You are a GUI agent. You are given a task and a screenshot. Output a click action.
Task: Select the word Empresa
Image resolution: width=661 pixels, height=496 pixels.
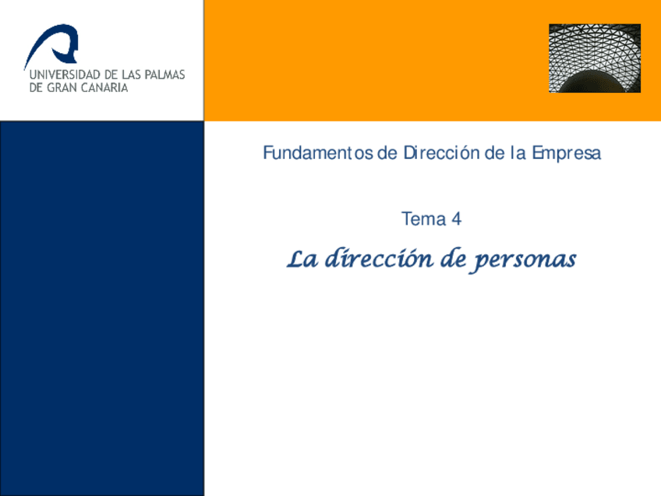566,153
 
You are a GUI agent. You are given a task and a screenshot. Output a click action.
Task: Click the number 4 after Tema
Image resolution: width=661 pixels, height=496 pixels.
456,220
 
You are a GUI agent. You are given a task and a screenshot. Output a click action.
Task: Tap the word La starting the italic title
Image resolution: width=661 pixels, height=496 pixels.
301,259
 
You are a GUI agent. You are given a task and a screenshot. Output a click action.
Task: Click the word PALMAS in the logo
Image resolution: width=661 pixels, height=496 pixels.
163,76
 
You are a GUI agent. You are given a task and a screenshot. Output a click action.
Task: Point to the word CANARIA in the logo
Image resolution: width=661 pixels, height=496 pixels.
102,88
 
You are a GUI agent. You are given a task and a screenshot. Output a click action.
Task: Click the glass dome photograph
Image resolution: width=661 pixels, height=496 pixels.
594,58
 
